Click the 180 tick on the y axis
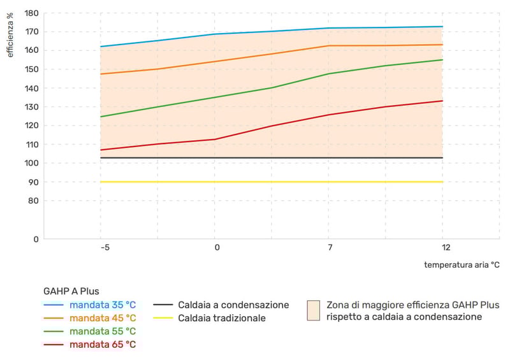(31, 13)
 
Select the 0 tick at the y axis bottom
(36, 240)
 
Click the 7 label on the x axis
(330, 247)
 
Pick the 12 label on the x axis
(445, 247)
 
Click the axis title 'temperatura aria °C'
(462, 264)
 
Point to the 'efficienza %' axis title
(10, 36)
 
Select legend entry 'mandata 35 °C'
(103, 305)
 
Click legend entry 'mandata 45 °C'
(103, 318)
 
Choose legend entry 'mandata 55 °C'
(103, 331)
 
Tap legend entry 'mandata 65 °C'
(103, 345)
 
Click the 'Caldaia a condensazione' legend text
(233, 305)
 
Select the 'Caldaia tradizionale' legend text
(222, 318)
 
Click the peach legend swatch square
(312, 310)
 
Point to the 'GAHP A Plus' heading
(71, 292)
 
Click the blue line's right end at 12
(442, 27)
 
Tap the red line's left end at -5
(101, 150)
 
